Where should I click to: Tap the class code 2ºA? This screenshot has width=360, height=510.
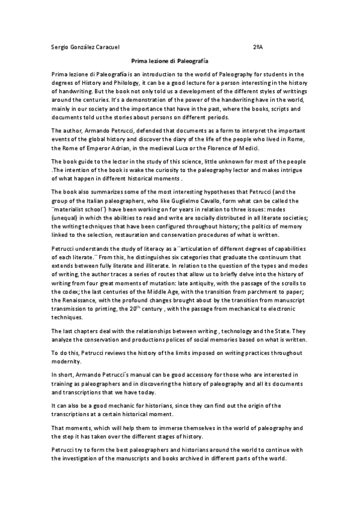[x=257, y=47]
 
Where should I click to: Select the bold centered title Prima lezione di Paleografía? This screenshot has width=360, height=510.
[x=169, y=61]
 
